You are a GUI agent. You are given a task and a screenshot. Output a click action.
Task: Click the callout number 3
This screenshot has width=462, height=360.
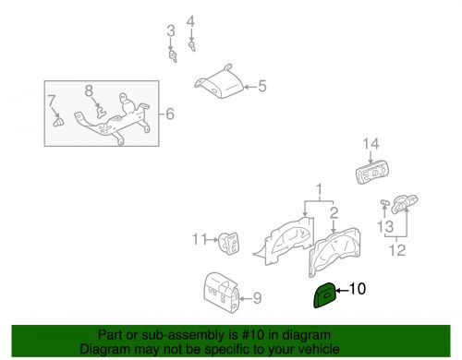(170, 31)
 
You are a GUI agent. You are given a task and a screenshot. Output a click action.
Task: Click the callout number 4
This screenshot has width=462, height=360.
(191, 21)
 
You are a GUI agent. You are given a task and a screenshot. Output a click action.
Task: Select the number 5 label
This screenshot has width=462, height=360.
(261, 87)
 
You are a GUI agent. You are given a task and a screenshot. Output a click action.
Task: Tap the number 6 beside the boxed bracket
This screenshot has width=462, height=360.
(169, 114)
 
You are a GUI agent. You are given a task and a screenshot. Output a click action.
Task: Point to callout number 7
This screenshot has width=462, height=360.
(53, 100)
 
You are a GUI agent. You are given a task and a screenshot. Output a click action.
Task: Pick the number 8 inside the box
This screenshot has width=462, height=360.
(90, 90)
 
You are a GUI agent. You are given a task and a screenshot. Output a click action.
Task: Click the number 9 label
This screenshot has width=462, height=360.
(257, 297)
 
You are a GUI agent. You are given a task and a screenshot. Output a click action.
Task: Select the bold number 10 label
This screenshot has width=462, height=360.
(357, 289)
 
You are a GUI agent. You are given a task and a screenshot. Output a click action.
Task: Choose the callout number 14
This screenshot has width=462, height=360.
(371, 143)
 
